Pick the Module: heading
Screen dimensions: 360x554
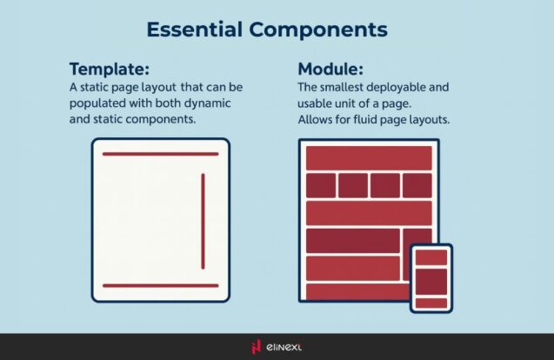pos(330,70)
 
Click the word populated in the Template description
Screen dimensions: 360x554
pos(100,103)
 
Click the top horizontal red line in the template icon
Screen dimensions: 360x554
pos(160,154)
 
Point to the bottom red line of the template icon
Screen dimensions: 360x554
pos(160,285)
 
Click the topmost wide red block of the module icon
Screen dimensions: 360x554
pos(369,158)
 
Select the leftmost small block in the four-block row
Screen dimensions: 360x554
pos(321,185)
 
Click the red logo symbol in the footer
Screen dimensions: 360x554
pos(256,347)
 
